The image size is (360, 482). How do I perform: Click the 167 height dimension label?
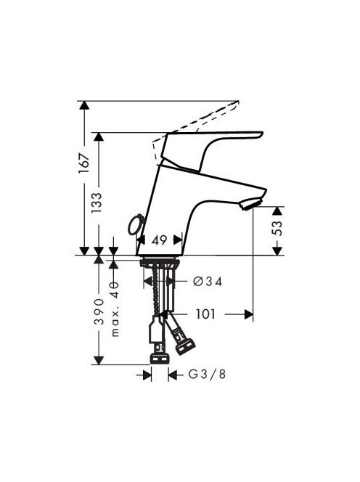point(84,163)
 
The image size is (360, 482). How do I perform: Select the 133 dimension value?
point(97,203)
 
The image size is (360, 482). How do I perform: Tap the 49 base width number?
point(159,240)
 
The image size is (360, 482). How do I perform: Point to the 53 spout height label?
point(277,228)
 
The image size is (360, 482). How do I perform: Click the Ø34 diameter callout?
point(208,281)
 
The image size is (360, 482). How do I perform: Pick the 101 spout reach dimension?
point(205,314)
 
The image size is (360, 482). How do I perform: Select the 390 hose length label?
point(99,311)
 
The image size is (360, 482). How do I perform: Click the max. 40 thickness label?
point(115,309)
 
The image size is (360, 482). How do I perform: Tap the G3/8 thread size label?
point(207,374)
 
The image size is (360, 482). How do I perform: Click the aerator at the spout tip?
point(251,204)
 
